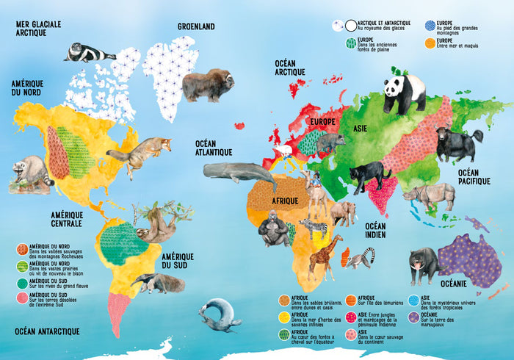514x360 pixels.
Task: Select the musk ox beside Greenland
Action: [207, 84]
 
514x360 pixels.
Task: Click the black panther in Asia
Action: [370, 177]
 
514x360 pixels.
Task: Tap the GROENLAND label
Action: [196, 26]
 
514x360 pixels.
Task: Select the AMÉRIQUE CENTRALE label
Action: [66, 219]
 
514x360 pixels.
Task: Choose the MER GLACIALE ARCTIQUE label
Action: [38, 28]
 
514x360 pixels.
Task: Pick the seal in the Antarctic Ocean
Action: [219, 314]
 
